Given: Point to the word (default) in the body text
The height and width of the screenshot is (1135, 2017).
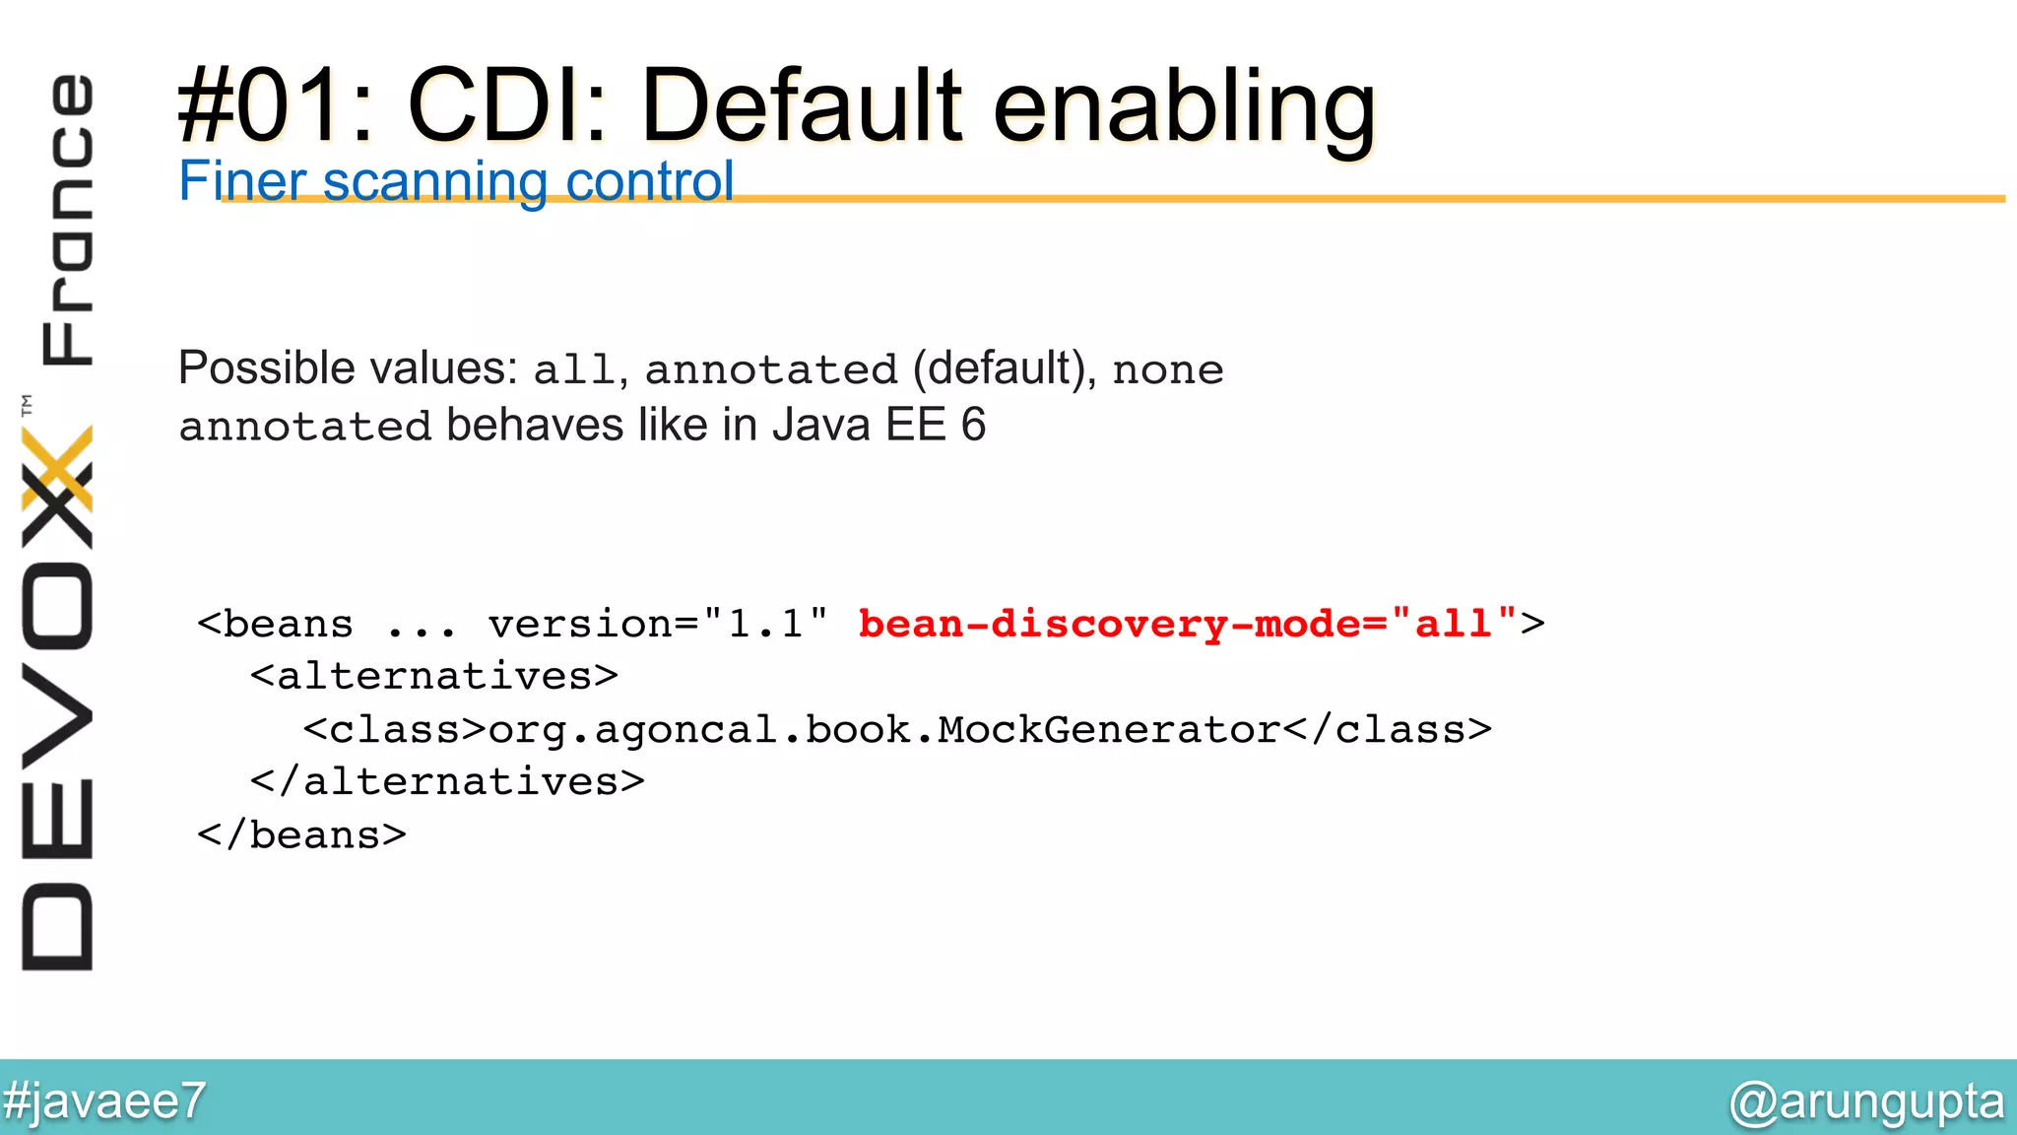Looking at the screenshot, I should point(999,368).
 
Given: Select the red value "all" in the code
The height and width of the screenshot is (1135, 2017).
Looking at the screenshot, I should point(1454,624).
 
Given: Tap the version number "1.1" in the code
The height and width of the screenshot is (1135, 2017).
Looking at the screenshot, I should point(766,624).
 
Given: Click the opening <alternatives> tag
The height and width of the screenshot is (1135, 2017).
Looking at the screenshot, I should point(434,677).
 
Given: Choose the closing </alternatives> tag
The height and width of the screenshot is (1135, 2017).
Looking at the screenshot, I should point(447,782).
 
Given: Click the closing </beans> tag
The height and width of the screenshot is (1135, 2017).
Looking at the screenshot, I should point(301,835).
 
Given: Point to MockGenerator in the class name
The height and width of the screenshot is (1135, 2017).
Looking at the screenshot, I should point(1109,730).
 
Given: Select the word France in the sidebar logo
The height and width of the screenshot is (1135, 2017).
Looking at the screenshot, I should point(67,219).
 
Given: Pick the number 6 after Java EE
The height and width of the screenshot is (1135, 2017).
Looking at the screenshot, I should point(973,426).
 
